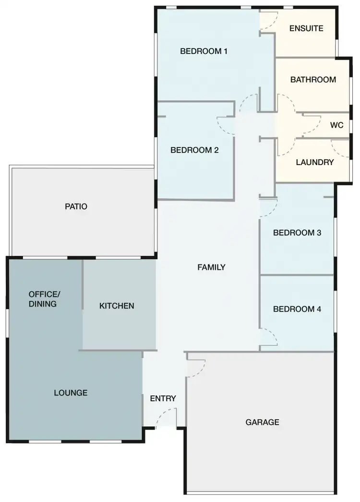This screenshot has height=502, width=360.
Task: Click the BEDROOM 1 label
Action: [204, 51]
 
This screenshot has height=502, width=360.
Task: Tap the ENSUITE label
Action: [306, 28]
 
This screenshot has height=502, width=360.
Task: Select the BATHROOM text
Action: [313, 80]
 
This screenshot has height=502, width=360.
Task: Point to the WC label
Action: [337, 125]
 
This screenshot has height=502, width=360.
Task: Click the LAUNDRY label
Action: [314, 162]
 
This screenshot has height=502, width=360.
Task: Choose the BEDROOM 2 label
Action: [194, 150]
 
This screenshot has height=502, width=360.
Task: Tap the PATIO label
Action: [76, 207]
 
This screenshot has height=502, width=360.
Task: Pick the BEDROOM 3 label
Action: [297, 233]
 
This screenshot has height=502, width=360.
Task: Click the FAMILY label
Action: [211, 267]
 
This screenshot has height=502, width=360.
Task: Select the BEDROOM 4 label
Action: [297, 309]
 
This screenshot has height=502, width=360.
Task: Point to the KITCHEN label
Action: [117, 306]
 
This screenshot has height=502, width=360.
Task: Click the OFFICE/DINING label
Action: [45, 299]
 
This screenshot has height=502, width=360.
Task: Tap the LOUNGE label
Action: [71, 393]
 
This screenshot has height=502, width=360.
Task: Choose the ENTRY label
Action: [163, 399]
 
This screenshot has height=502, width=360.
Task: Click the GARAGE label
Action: [262, 422]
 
